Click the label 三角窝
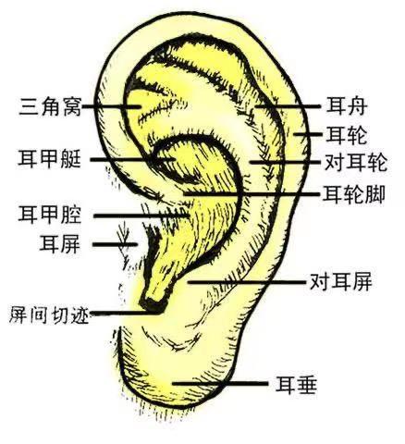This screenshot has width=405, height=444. (x=50, y=106)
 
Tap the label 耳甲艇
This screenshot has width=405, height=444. (x=50, y=159)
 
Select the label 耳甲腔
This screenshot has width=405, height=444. (x=50, y=215)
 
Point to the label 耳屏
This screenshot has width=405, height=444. (x=60, y=244)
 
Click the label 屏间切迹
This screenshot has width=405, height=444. (x=49, y=314)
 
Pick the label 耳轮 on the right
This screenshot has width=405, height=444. (x=347, y=135)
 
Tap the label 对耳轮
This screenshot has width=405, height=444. (x=356, y=163)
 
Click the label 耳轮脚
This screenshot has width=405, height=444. (x=354, y=194)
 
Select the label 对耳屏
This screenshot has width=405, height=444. (x=341, y=281)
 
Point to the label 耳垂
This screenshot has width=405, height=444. (x=297, y=385)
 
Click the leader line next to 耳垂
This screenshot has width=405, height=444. (x=220, y=384)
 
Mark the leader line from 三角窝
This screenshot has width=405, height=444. (x=112, y=106)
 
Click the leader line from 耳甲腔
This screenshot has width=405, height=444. (x=141, y=216)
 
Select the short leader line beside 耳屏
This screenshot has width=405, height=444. (x=115, y=244)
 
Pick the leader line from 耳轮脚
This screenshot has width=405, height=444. (x=252, y=194)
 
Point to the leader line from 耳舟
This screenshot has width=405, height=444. (x=288, y=106)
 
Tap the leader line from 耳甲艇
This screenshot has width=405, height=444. (x=132, y=159)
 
